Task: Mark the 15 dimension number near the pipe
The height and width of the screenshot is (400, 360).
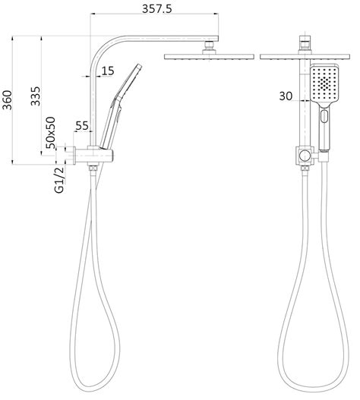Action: coord(107,71)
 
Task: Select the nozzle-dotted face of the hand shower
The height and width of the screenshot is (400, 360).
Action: coord(324,85)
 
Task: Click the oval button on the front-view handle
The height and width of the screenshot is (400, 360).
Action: coord(325,118)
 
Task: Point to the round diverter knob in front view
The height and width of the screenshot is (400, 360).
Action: coord(305,157)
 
